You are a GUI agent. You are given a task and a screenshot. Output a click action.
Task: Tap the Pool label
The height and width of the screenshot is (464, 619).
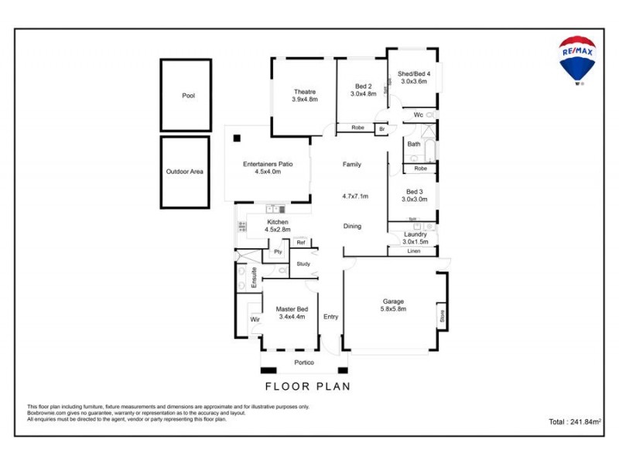188,96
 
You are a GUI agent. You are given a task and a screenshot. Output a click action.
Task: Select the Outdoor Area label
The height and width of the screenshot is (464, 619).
185,172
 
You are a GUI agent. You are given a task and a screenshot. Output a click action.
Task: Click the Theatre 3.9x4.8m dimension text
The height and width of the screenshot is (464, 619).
305,100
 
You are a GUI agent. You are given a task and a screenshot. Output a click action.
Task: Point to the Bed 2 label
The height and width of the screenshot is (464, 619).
364,86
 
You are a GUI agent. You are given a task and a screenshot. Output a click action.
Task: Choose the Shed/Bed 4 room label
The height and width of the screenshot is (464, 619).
414,74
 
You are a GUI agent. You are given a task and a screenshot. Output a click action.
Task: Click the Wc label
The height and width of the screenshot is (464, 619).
418,115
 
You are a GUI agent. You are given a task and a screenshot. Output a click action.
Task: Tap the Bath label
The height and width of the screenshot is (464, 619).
414,144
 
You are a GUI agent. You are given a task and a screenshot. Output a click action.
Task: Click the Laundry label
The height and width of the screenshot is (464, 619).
416,234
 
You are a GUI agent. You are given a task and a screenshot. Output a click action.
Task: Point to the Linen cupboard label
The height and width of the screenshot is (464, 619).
415,251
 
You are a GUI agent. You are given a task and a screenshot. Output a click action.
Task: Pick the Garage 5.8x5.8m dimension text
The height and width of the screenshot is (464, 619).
393,309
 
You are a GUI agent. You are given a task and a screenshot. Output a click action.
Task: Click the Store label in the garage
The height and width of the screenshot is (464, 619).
443,316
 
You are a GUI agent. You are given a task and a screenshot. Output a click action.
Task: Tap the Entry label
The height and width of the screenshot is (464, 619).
330,316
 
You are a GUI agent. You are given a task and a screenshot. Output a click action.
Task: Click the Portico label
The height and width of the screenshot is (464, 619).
304,363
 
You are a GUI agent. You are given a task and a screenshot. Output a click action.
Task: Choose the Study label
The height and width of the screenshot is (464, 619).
303,264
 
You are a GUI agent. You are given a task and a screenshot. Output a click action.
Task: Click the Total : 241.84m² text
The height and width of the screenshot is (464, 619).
574,422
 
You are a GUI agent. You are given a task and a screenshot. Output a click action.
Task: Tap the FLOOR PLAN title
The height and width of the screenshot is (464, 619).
307,386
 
